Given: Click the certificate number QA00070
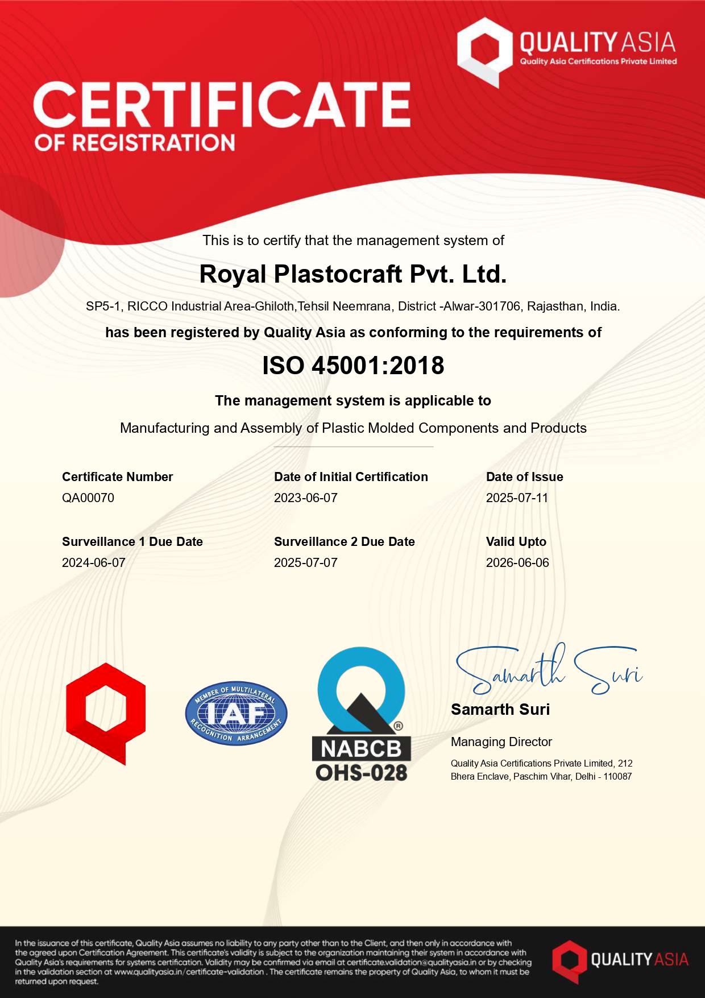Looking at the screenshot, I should tap(88, 498).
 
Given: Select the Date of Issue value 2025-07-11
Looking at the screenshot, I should tap(517, 498).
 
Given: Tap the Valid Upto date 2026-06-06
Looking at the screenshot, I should tap(517, 563).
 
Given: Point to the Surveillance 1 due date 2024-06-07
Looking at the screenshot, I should tap(94, 563).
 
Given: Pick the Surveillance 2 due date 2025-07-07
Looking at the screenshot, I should tap(306, 563).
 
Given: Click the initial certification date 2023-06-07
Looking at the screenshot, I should tap(306, 498).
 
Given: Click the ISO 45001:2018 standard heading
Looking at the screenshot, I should tap(353, 366).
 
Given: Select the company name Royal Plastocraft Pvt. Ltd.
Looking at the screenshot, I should tap(353, 275).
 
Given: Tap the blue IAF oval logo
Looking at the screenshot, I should tap(236, 713).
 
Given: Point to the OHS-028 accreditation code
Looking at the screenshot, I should tap(362, 773).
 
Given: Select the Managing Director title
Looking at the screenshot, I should tap(501, 742).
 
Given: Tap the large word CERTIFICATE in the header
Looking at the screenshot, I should tap(222, 105).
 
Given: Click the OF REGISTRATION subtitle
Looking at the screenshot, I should tap(135, 143).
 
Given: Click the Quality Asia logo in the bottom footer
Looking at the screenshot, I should tap(620, 961).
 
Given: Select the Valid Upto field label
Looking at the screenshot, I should tap(516, 542).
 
